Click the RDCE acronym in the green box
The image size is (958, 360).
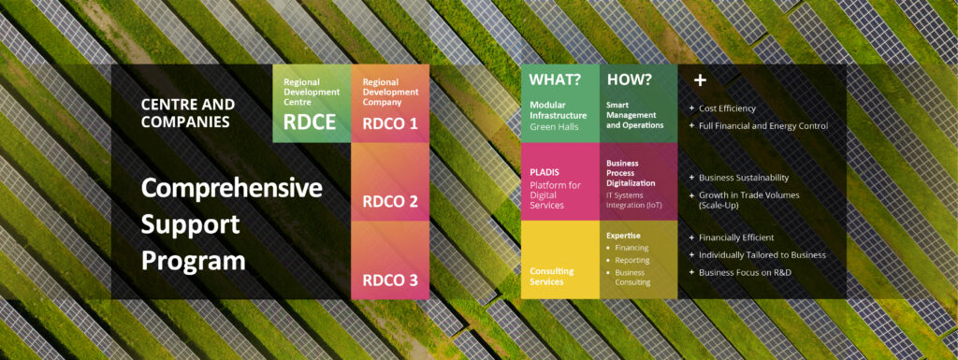click(310, 122)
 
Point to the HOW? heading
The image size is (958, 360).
click(628, 80)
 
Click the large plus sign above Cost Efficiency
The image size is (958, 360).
click(699, 80)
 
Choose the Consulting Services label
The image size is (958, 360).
click(552, 276)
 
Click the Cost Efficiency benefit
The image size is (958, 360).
click(727, 108)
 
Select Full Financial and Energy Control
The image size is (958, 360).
click(762, 126)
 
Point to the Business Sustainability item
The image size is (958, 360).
click(744, 178)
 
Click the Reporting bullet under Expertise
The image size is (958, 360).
click(633, 260)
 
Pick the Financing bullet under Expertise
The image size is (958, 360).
click(633, 248)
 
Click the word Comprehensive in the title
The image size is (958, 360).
click(232, 188)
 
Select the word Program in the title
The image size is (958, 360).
click(193, 260)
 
